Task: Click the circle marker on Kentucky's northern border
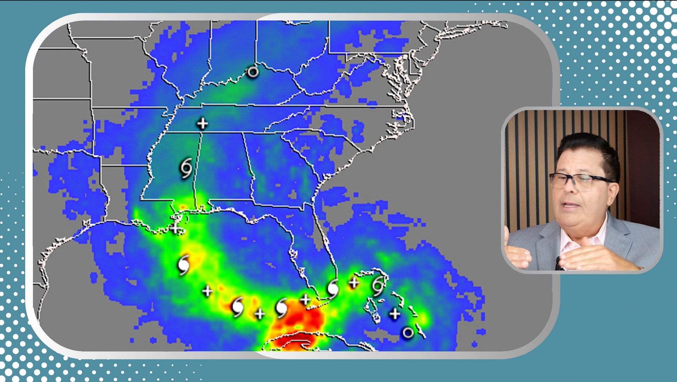point(252,72)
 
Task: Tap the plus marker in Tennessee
point(202,123)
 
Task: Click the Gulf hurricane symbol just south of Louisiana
point(183,265)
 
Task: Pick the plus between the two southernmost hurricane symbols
point(260,313)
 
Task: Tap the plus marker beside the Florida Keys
point(305,300)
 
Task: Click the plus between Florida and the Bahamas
point(354,283)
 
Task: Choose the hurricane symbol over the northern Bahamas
point(378,286)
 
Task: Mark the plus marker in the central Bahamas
point(395,313)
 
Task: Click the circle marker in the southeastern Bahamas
point(408,333)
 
